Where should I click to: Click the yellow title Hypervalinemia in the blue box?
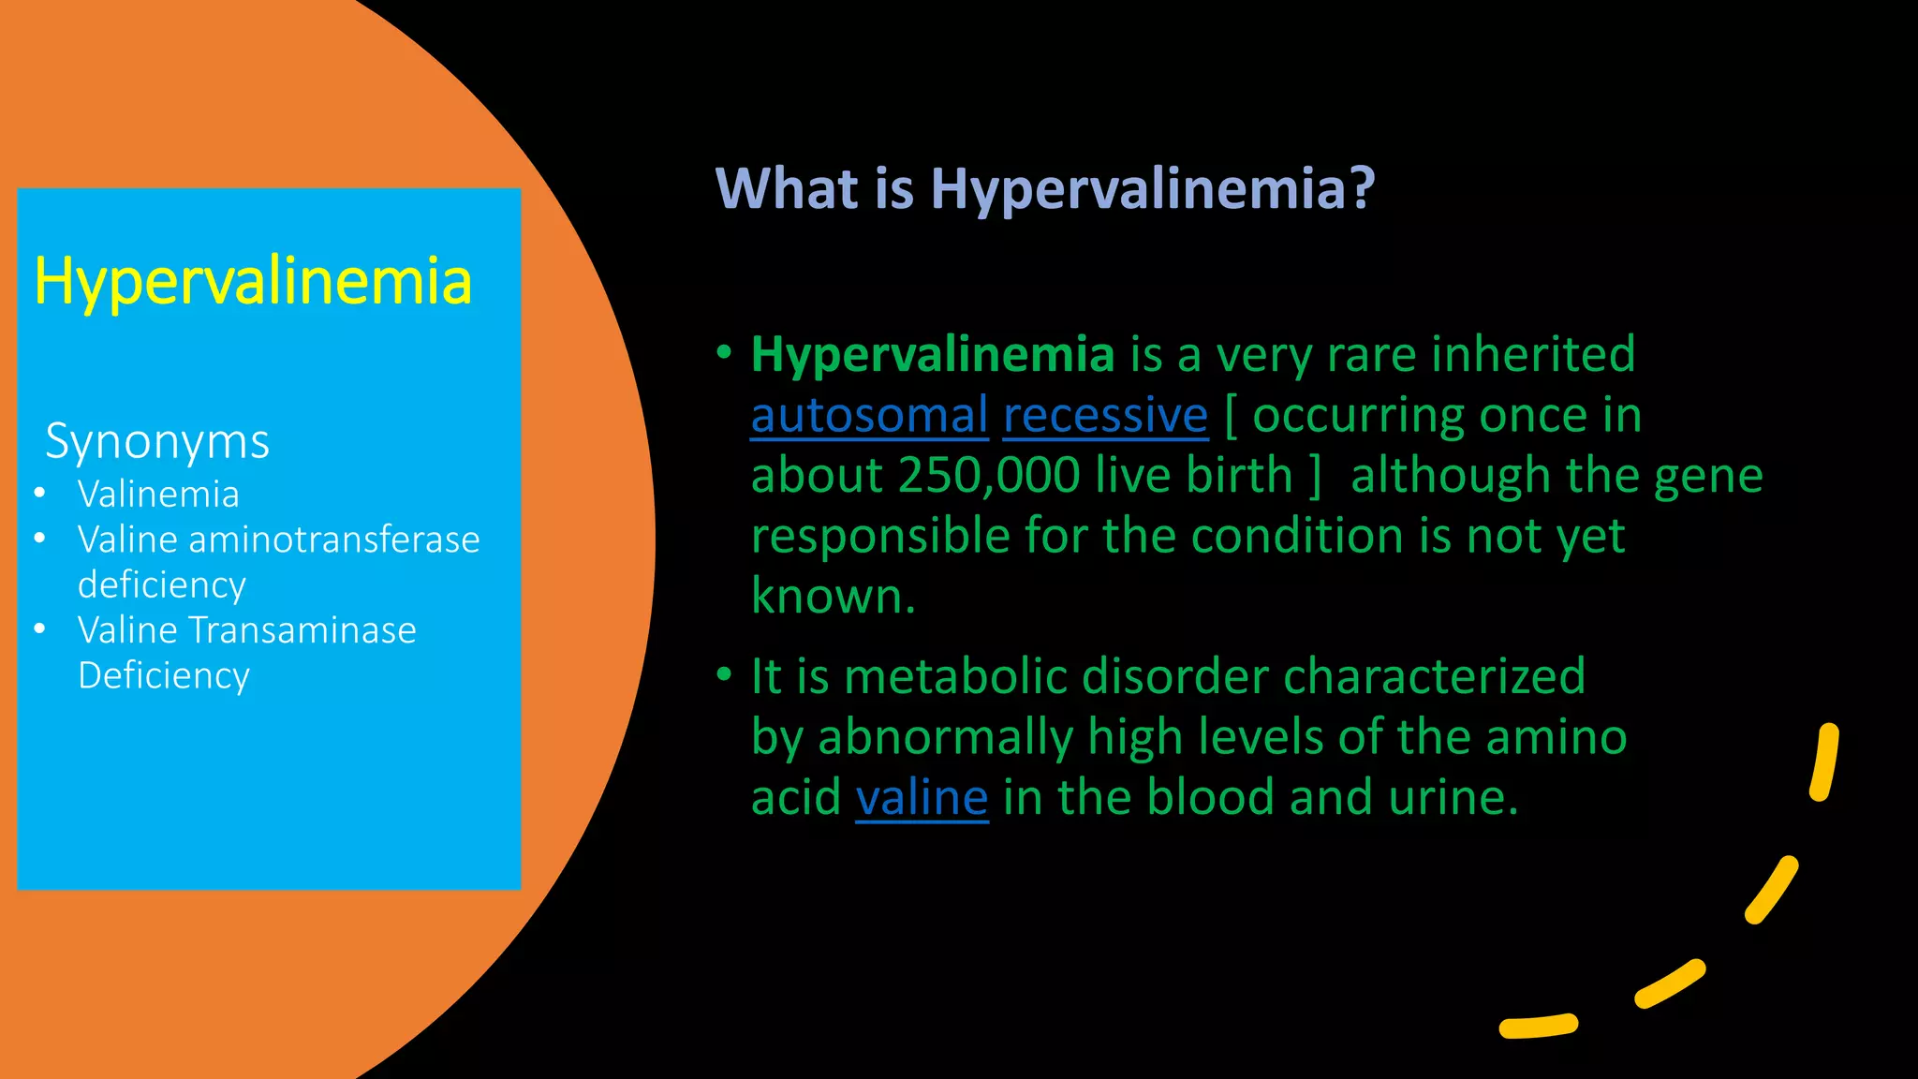253,281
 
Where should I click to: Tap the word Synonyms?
157,441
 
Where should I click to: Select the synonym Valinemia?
158,494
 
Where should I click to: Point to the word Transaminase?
302,630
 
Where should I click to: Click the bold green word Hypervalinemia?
933,354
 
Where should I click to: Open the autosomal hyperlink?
869,415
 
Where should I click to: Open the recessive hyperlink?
1105,415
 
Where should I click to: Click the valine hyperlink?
922,797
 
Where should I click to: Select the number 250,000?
989,475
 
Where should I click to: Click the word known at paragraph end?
832,596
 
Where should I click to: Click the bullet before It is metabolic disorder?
724,674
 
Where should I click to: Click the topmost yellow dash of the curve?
1824,761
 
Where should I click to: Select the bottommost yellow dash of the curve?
1539,1026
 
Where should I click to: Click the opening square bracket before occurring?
1231,417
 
